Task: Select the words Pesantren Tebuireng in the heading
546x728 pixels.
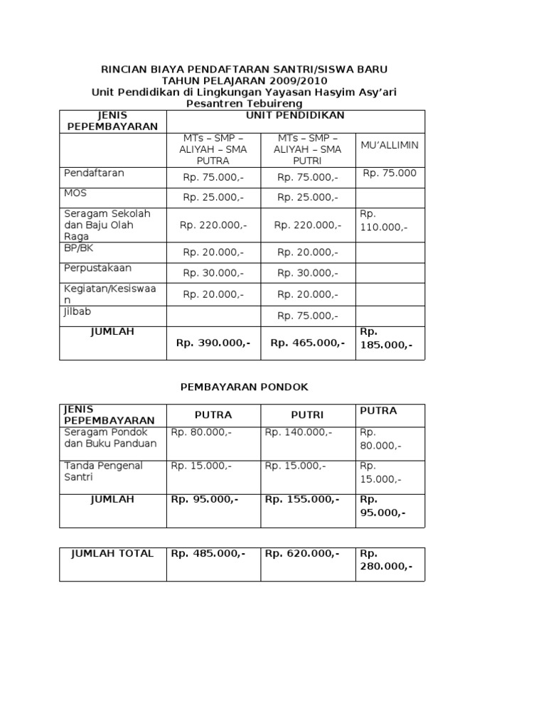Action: click(x=244, y=104)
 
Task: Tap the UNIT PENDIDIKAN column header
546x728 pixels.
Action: click(x=295, y=115)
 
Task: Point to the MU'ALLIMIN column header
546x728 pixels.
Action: click(x=390, y=145)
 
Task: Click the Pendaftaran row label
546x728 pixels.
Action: click(x=94, y=173)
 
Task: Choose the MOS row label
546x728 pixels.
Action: click(x=75, y=193)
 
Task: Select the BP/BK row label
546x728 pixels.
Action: click(x=79, y=248)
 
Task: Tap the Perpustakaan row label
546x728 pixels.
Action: click(x=97, y=269)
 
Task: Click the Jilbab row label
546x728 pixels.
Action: click(x=77, y=311)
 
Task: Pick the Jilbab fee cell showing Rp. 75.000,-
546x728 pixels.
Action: click(x=307, y=316)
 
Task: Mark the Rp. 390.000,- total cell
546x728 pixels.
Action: click(x=213, y=343)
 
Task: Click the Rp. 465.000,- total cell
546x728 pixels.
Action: click(x=308, y=343)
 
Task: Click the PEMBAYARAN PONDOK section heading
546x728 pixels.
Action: click(x=245, y=387)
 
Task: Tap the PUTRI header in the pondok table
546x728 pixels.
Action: click(x=307, y=415)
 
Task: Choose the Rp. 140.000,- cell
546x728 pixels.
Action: click(x=299, y=432)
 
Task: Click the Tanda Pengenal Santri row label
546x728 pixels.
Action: click(x=103, y=472)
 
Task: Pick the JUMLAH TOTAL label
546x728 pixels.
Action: click(x=112, y=554)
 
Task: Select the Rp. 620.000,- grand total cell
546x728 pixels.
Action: click(x=302, y=554)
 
